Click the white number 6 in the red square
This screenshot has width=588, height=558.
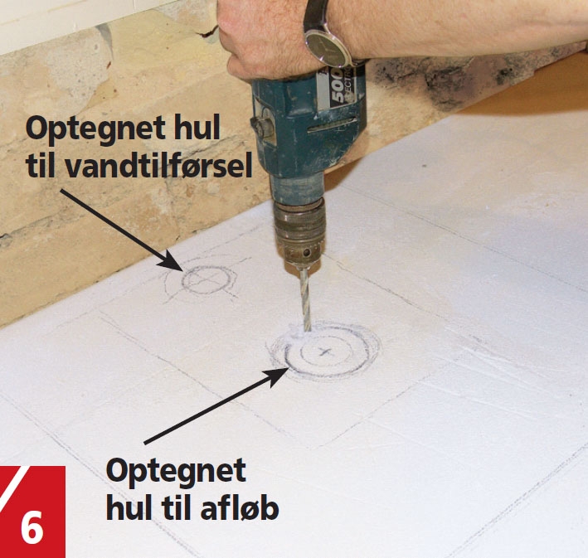(x=32, y=528)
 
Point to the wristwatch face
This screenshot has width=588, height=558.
(x=326, y=48)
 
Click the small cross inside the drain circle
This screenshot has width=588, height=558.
(x=324, y=352)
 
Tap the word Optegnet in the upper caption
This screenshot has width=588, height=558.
(x=95, y=129)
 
